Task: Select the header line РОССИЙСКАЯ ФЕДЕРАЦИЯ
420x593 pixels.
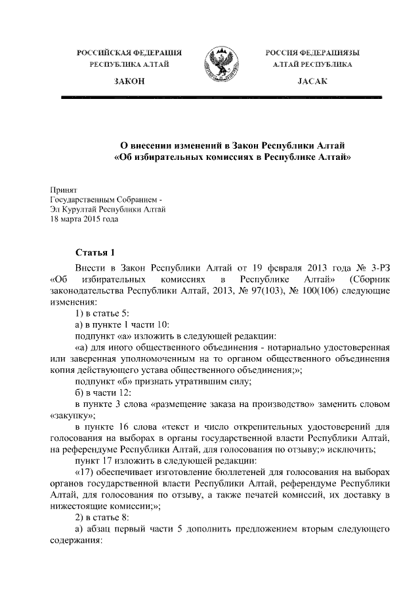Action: [129, 52]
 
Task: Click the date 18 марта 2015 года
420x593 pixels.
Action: [85, 220]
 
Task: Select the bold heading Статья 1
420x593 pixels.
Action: [95, 252]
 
